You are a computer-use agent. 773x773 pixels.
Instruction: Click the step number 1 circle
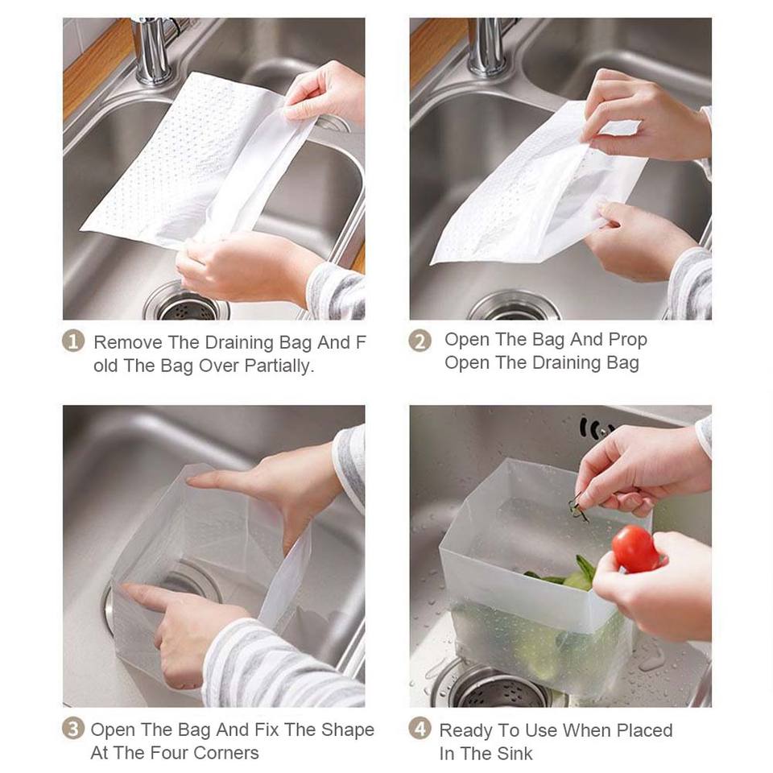73,341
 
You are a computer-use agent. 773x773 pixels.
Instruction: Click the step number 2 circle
420,341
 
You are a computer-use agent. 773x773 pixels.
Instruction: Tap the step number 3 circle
73,729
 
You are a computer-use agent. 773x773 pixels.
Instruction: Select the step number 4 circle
420,729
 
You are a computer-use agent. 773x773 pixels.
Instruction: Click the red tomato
635,548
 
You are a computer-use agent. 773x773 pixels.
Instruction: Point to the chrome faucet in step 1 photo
151,49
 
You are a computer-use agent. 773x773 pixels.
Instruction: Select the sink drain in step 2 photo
514,307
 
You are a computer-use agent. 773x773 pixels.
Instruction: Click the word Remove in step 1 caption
128,342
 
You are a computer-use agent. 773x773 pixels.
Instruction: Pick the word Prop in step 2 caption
627,340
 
